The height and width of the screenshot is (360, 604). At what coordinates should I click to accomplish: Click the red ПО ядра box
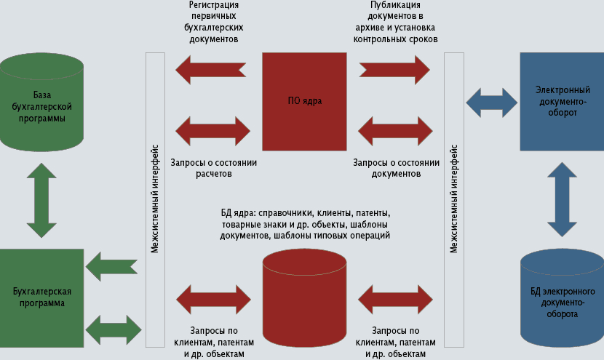coord(304,100)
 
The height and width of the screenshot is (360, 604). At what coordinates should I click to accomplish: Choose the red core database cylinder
coord(304,299)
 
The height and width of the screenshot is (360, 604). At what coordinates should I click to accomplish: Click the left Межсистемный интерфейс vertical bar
coord(155,200)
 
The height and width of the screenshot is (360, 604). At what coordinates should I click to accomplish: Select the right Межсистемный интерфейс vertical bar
coord(454,200)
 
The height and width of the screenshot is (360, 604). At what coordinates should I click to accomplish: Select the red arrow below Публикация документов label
coord(394,69)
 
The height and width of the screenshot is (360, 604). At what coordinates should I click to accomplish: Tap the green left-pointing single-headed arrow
coord(111,266)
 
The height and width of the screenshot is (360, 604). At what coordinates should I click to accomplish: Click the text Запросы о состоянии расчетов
coord(212,169)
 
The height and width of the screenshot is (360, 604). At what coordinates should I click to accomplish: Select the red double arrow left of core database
coord(213,299)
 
